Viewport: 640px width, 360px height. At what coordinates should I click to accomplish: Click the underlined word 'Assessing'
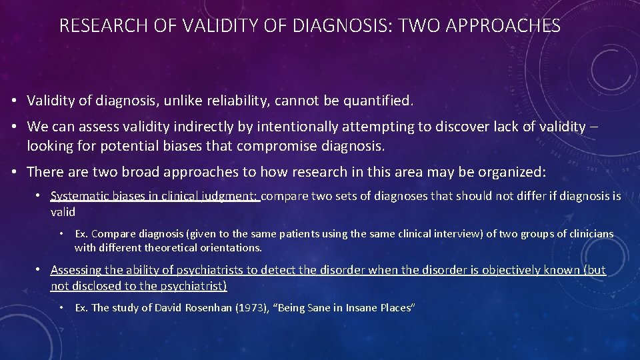(74, 270)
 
